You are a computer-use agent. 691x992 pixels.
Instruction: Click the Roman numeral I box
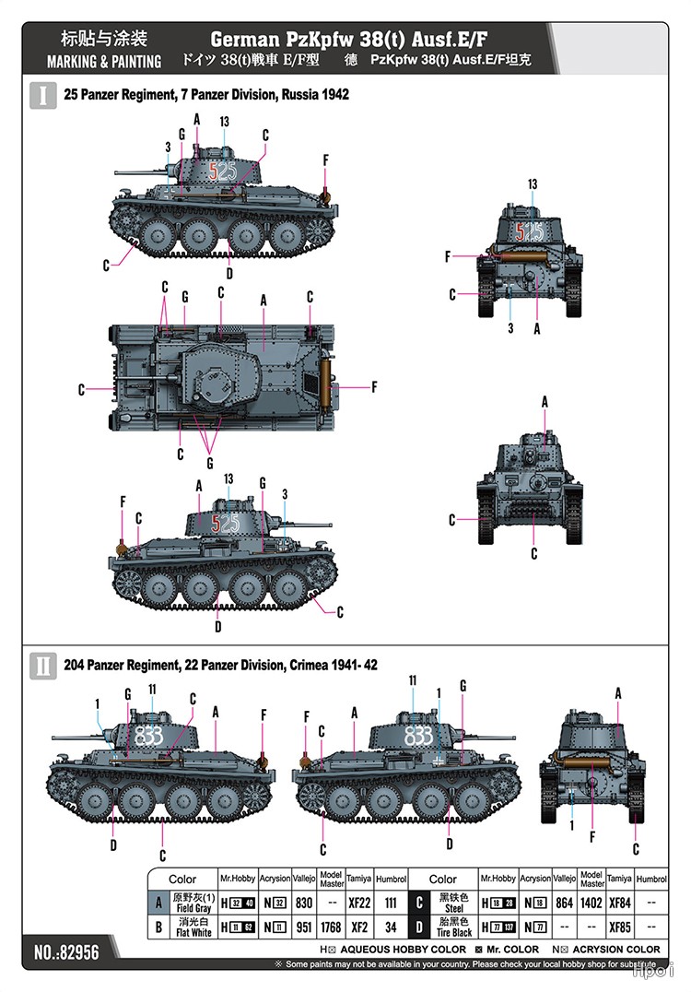[x=43, y=95]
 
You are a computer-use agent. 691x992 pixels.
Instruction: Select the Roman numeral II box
[x=43, y=666]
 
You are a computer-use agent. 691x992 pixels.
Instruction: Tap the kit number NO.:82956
[x=66, y=952]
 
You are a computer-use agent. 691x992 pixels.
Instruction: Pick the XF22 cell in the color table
[x=359, y=903]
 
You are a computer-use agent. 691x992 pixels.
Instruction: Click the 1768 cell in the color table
[x=331, y=927]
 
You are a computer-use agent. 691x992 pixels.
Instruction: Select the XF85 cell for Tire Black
[x=619, y=927]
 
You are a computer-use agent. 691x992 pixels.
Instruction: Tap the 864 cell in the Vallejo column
[x=565, y=903]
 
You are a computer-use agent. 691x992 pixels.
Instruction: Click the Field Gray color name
[x=193, y=908]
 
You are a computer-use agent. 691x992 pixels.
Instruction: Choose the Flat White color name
[x=193, y=932]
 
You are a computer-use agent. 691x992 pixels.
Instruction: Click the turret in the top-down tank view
[x=218, y=377]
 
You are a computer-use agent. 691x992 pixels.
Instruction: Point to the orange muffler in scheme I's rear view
[x=521, y=257]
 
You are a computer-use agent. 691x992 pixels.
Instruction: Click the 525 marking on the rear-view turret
[x=529, y=231]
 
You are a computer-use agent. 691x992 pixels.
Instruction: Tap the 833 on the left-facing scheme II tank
[x=148, y=736]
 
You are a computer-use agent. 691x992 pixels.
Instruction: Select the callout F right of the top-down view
[x=374, y=387]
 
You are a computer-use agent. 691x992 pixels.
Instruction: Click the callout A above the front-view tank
[x=545, y=402]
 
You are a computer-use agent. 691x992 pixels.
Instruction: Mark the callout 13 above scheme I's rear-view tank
[x=533, y=184]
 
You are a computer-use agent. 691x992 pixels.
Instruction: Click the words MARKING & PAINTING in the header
[x=104, y=62]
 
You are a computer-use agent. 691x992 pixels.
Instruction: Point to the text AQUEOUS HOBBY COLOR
[x=403, y=950]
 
